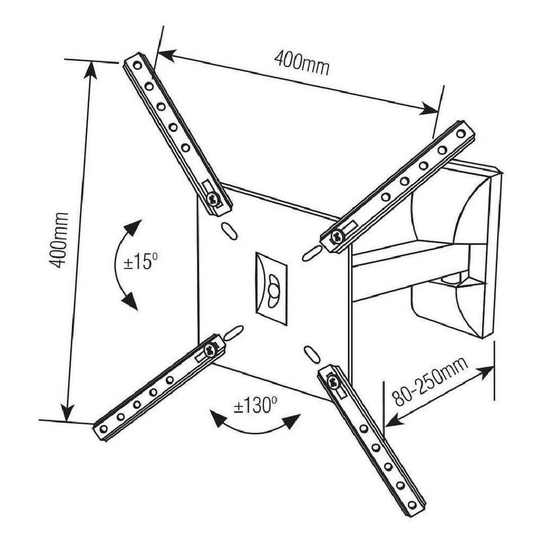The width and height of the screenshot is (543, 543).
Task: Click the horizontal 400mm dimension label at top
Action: pyautogui.click(x=301, y=61)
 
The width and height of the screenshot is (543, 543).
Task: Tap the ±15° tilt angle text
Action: pyautogui.click(x=140, y=263)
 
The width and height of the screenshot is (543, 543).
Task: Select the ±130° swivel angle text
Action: pyautogui.click(x=255, y=406)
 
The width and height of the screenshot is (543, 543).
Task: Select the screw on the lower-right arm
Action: pyautogui.click(x=333, y=382)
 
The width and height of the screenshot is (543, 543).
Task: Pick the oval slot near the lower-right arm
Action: pyautogui.click(x=310, y=353)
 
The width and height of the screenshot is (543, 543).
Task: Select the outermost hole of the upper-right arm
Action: pyautogui.click(x=460, y=133)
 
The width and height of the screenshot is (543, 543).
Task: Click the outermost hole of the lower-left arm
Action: pyautogui.click(x=103, y=429)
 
